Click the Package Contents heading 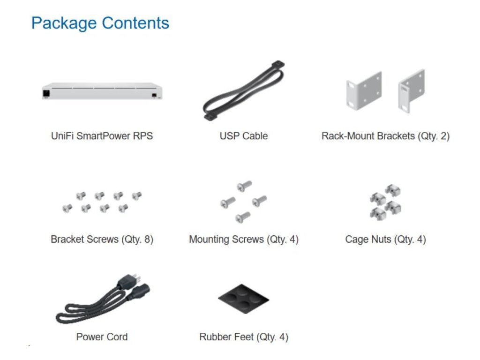(100, 23)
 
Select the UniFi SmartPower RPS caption (102, 136)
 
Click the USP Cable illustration (244, 91)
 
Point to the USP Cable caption (244, 136)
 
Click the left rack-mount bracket (364, 90)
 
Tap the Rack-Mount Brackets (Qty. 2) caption (385, 136)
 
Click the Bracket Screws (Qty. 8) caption (102, 239)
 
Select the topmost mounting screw (244, 186)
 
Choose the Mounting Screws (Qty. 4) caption (244, 239)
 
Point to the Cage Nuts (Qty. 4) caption (385, 239)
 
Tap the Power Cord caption (102, 337)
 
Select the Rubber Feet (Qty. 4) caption (244, 337)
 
